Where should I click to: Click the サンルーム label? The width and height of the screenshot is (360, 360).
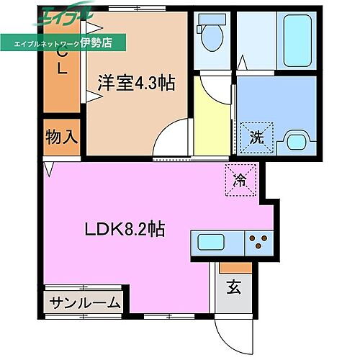[86, 303]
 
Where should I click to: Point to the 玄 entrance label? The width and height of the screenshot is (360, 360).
[233, 288]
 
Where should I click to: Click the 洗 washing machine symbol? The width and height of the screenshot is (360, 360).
[257, 136]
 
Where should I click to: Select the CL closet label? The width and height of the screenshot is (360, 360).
[61, 62]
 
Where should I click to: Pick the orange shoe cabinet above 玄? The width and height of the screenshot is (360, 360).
[233, 267]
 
